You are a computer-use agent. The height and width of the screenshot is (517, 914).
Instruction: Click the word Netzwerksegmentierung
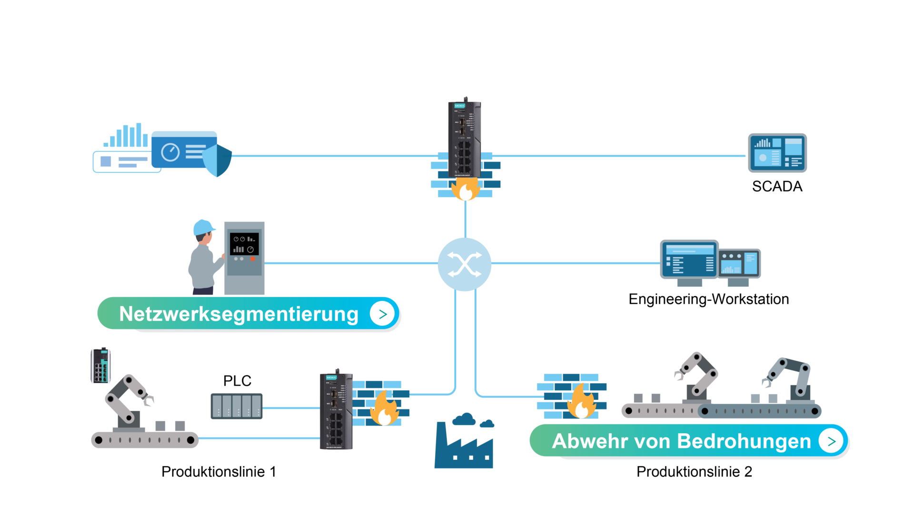pos(238,314)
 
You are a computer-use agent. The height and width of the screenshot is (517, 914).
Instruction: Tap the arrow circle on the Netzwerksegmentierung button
pos(382,314)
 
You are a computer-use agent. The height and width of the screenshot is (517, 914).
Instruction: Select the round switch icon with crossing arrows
pos(465,264)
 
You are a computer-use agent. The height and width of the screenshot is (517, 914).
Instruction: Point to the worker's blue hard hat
pos(203,227)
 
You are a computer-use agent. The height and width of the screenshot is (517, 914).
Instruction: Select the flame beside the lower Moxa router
pos(385,408)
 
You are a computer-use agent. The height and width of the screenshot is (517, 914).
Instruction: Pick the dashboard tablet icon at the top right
pos(777,153)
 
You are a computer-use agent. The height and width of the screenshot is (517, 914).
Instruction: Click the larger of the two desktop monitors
pos(689,260)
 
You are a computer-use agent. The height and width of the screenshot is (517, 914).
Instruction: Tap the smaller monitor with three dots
pos(739,264)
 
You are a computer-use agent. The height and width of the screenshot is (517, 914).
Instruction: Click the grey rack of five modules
pos(237,406)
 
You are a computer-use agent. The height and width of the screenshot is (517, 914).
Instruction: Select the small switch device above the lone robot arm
pos(101,366)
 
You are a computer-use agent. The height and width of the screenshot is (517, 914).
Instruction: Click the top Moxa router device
pos(464,138)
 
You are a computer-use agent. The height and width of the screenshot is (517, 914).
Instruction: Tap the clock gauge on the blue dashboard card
pos(170,152)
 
